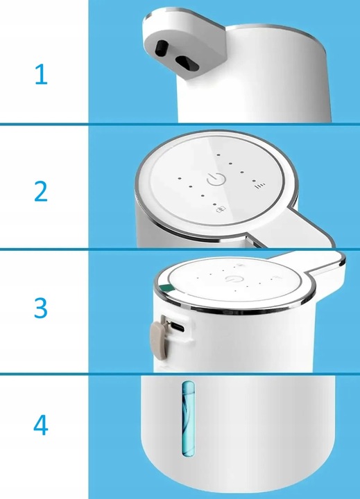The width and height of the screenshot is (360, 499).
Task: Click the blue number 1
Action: (42, 74)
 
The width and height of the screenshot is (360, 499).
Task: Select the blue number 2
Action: (41, 191)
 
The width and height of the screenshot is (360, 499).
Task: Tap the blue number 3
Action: (41, 308)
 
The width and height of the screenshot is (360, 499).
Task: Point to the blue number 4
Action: (41, 425)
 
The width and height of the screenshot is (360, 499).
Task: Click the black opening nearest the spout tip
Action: (162, 48)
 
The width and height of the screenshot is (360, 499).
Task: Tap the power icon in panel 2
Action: (216, 180)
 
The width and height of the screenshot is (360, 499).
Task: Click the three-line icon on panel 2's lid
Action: (261, 186)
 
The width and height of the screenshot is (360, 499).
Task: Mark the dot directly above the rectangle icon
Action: (215, 204)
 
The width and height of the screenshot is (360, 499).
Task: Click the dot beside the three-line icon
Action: (254, 181)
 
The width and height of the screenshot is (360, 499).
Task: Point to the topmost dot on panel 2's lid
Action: (218, 155)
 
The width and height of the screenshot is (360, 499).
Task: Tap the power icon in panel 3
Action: (230, 279)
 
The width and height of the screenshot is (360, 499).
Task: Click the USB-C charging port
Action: (177, 326)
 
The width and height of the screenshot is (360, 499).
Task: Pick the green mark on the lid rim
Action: (166, 288)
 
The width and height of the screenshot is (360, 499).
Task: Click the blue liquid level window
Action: (187, 418)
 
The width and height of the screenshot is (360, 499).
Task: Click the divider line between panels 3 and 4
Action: (180, 374)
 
